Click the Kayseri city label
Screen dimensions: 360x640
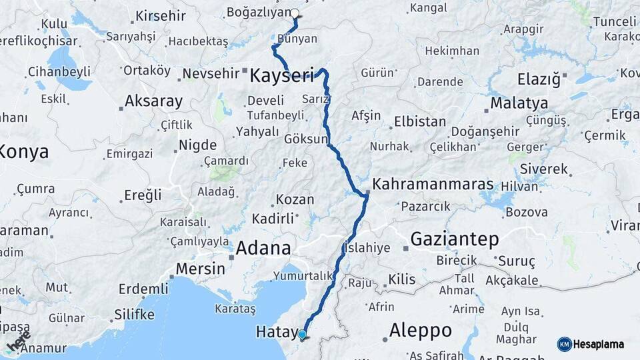coord(281,75)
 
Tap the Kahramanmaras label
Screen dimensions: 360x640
coord(433,184)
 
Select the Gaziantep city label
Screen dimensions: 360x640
coord(455,239)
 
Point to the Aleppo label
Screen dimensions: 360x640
coord(420,330)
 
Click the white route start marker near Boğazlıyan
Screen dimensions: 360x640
coord(295,13)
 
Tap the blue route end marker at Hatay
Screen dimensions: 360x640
coord(302,335)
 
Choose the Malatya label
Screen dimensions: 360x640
coord(519,103)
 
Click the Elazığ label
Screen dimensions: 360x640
coord(539,79)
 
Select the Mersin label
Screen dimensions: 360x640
coord(200,269)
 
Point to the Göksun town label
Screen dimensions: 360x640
coord(306,139)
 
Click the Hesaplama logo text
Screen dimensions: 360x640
coord(599,345)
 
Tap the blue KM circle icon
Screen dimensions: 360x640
coord(565,345)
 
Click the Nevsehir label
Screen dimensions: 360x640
coord(211,73)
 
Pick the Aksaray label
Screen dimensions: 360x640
coord(154,101)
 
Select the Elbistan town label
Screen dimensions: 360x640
coord(420,121)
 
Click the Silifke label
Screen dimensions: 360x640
coord(135,314)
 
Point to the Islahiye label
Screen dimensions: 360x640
coord(366,247)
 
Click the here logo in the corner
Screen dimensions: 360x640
coord(19,341)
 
